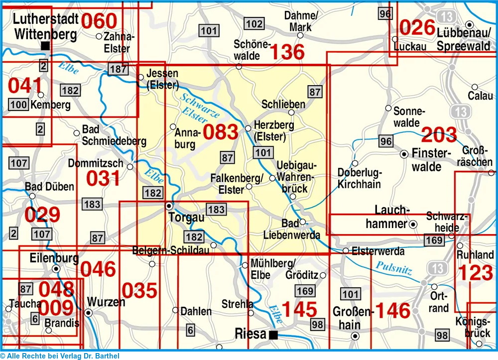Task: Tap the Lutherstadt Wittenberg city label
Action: click(45, 27)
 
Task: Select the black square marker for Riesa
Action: click(273, 335)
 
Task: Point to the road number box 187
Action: click(118, 69)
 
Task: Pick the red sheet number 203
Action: click(439, 134)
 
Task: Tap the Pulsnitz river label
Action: click(394, 268)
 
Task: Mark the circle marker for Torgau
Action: click(169, 206)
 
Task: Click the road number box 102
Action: click(254, 23)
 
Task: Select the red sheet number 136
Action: click(287, 52)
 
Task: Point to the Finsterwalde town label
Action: click(427, 160)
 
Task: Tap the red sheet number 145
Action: click(299, 310)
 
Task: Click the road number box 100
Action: click(18, 105)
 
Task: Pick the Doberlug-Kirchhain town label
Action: click(359, 178)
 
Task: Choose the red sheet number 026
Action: click(417, 27)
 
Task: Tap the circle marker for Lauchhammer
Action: click(413, 225)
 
